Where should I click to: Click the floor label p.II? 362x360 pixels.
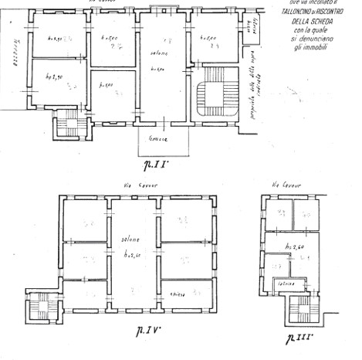click(x=157, y=164)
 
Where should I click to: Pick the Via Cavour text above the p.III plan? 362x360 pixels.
click(x=286, y=185)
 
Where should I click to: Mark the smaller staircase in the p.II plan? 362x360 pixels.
click(x=68, y=122)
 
